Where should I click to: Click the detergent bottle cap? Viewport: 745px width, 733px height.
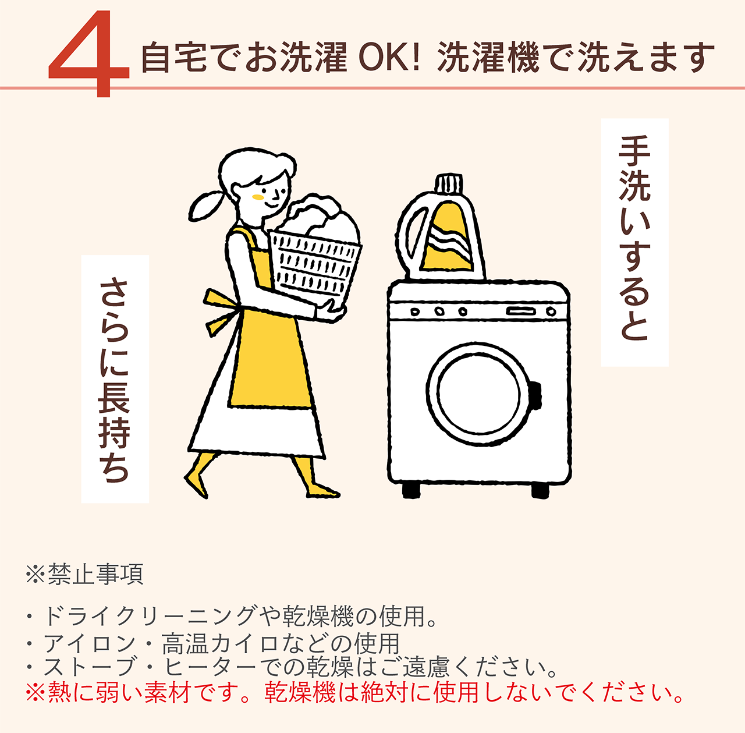point(449,185)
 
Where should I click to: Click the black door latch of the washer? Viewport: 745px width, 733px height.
point(535,395)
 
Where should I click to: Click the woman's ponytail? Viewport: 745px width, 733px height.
point(205,206)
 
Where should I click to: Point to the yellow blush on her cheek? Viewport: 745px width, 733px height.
point(258,197)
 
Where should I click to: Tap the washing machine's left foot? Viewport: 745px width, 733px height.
point(411,490)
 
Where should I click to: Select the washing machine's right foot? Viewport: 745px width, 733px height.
point(540,490)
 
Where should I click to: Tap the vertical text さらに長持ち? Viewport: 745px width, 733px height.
point(115,380)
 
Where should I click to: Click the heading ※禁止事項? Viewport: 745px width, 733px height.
point(84,574)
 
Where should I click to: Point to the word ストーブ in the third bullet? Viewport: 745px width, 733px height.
point(90,667)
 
